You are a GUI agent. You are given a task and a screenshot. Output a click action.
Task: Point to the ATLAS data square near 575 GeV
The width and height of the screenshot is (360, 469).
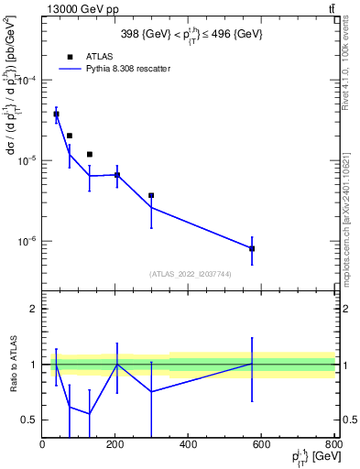[x=252, y=248]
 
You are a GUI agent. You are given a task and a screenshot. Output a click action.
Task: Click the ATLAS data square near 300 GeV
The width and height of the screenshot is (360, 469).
[x=151, y=195]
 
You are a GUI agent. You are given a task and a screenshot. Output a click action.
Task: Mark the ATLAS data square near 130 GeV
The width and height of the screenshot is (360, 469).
[x=90, y=154]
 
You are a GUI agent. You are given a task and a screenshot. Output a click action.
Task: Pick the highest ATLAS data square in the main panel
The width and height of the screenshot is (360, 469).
[x=56, y=114]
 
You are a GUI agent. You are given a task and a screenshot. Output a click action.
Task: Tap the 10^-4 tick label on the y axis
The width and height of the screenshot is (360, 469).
[x=26, y=81]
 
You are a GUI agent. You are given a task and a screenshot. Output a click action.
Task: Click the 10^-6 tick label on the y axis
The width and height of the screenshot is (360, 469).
[x=26, y=242]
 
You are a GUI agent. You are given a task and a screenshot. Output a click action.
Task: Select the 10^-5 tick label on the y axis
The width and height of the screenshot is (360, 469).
[x=26, y=161]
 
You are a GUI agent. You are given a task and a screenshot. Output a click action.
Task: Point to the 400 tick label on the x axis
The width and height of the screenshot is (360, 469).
[x=188, y=446]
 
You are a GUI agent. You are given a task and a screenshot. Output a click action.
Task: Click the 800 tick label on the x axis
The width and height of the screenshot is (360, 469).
[x=332, y=446]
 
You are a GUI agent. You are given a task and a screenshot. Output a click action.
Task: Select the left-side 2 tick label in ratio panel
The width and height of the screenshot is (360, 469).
[x=35, y=309]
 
